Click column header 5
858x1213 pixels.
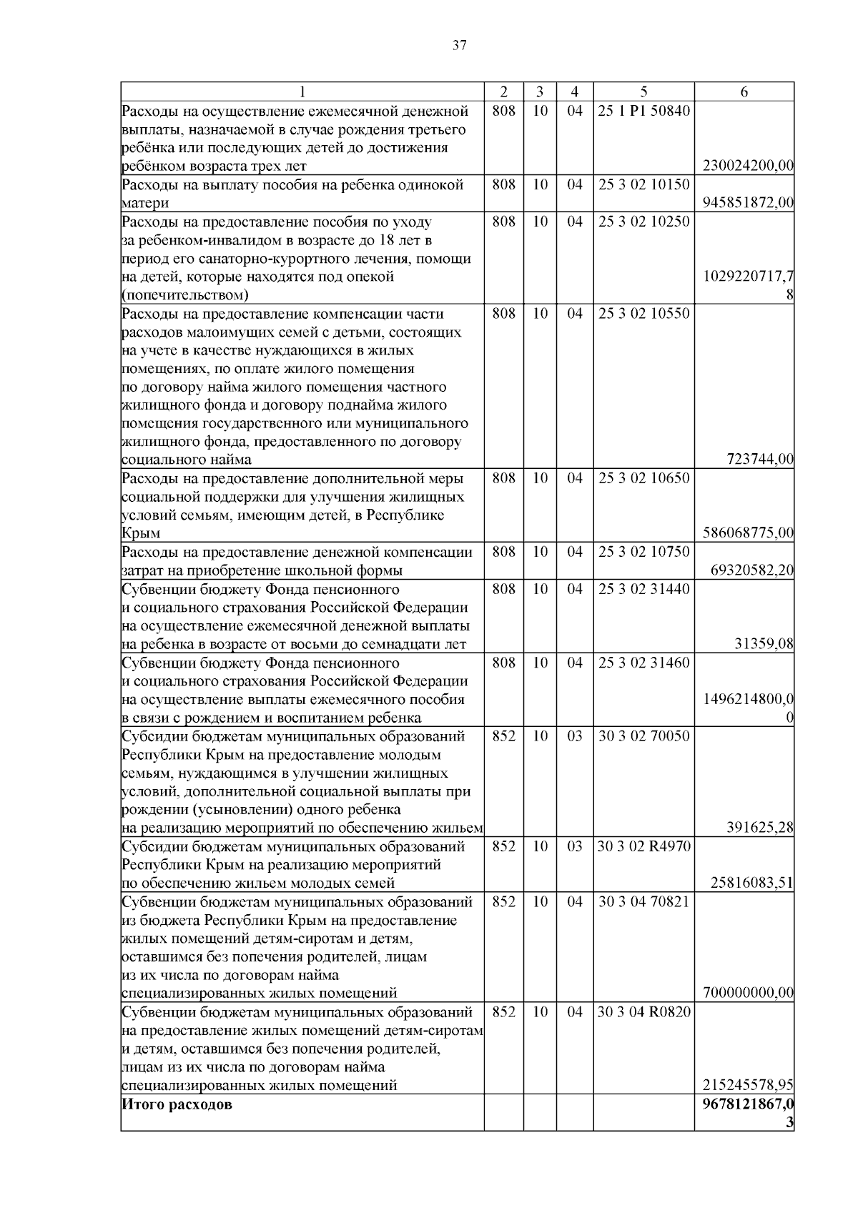point(643,92)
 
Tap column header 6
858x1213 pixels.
point(744,92)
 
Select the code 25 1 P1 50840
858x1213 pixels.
point(643,112)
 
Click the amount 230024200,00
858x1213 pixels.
point(748,167)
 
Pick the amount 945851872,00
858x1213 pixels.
point(748,203)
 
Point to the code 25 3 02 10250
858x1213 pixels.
point(643,222)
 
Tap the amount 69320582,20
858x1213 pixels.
point(752,570)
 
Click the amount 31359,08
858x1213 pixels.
point(764,644)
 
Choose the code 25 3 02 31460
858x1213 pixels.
point(643,663)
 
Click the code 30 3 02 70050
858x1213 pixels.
point(643,736)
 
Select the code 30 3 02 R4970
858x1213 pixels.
point(643,847)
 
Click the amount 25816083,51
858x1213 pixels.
point(752,883)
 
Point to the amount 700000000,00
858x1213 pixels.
point(748,994)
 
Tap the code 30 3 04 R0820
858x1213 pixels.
point(643,1012)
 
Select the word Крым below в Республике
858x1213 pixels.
point(141,534)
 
